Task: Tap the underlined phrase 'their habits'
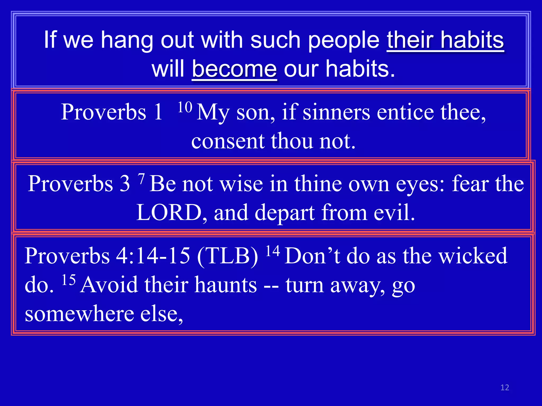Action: (x=445, y=40)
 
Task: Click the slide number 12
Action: (x=505, y=387)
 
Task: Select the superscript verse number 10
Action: (x=185, y=108)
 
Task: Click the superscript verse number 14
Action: (x=273, y=251)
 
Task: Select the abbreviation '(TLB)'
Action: (x=227, y=256)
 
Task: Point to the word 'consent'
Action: (x=228, y=141)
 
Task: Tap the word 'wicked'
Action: (x=473, y=256)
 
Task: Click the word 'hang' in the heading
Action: (x=127, y=40)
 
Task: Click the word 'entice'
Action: (x=405, y=112)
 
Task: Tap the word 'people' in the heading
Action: (x=344, y=40)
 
